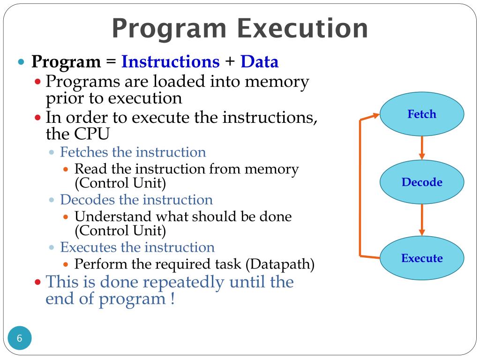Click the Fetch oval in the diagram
[x=421, y=114]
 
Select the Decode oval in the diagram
[x=421, y=182]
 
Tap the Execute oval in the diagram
[x=421, y=258]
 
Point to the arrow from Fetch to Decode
[x=422, y=148]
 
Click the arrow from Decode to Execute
[x=422, y=219]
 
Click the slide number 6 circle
[x=20, y=338]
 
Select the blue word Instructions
[x=170, y=62]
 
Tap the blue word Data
[x=259, y=62]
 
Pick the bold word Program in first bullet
[x=66, y=62]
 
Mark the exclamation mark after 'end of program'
[x=172, y=299]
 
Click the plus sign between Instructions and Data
[x=230, y=62]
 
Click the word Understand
[x=113, y=217]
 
